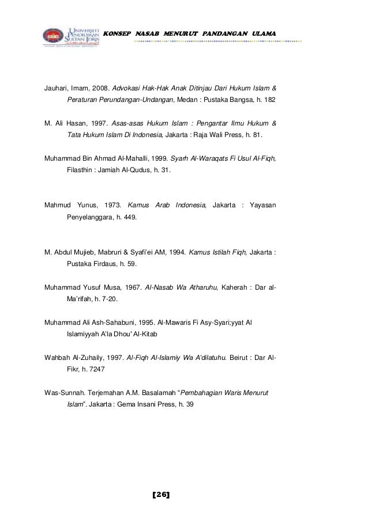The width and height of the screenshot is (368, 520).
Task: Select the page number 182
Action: point(271,100)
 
